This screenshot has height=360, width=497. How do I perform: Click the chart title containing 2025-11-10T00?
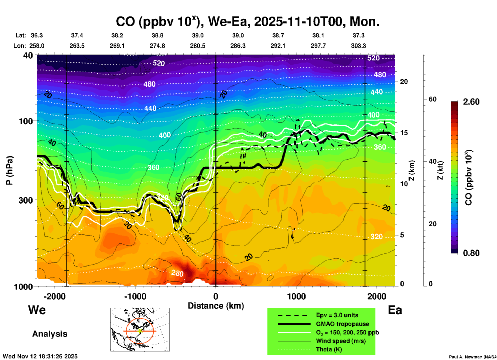248,22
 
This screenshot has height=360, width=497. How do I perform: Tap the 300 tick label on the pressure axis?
26,200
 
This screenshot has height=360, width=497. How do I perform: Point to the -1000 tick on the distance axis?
135,296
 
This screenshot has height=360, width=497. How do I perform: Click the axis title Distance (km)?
216,306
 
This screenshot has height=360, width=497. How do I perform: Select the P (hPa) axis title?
10,170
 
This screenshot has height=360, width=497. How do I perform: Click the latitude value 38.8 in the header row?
157,35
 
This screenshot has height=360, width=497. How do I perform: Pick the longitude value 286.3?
238,46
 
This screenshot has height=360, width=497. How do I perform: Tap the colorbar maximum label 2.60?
471,102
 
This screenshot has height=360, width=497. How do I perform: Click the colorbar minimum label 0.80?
471,253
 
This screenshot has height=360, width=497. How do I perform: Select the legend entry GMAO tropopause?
342,324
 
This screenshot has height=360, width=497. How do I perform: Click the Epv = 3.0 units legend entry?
337,315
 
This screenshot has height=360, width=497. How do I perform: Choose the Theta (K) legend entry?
329,349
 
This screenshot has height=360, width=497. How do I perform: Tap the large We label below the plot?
37,310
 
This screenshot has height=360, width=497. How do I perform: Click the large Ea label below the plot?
395,310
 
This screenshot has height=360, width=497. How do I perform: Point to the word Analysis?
50,334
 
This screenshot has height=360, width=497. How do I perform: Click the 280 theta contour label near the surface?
177,273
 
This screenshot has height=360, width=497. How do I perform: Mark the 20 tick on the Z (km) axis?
404,82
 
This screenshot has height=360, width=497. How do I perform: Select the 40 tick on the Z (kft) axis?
432,162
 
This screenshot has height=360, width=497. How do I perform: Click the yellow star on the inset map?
140,331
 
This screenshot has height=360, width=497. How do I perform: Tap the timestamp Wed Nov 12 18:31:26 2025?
40,356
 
